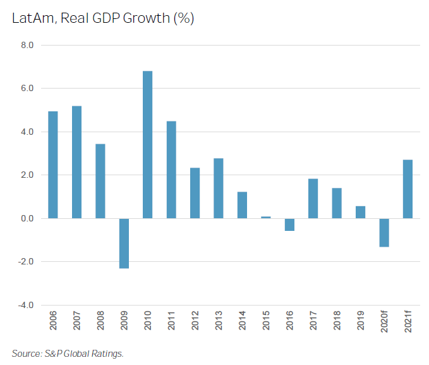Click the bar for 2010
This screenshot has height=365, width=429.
[x=147, y=145]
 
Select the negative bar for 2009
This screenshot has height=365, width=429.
[x=124, y=243]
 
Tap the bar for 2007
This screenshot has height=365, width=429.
[x=76, y=162]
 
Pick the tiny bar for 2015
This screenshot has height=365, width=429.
[x=266, y=217]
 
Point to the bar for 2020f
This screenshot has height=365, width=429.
[x=384, y=232]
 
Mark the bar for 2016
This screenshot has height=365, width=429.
[x=289, y=225]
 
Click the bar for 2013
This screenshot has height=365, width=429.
[x=219, y=189]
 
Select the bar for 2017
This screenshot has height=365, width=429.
[x=313, y=199]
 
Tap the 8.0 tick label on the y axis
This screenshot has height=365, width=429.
[x=27, y=46]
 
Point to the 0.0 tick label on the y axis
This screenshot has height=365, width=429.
[x=27, y=218]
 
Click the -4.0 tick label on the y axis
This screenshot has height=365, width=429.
[x=25, y=305]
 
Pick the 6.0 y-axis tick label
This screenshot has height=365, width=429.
[x=27, y=89]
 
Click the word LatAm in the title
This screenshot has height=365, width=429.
[x=30, y=18]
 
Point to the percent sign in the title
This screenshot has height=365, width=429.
[x=183, y=18]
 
